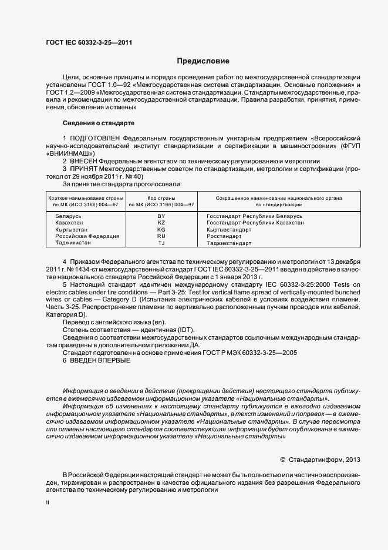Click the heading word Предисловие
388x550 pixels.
[203, 61]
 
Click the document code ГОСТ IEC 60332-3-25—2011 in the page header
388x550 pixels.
[89, 42]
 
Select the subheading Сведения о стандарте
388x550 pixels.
[99, 123]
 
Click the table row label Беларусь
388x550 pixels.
[68, 216]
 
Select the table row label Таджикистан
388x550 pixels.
[73, 243]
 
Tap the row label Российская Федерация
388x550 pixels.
[87, 236]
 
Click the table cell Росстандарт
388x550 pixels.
[225, 236]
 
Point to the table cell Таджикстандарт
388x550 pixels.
[230, 243]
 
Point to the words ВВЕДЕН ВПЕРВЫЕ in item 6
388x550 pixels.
[100, 360]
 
